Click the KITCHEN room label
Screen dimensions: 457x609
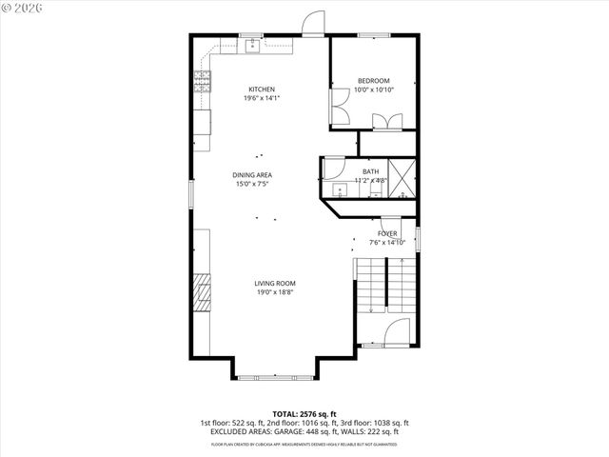(x=262, y=89)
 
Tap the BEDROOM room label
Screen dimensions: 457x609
(x=374, y=81)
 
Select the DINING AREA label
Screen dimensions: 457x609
(x=253, y=175)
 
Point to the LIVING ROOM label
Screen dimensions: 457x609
(x=274, y=283)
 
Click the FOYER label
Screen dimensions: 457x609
(x=387, y=233)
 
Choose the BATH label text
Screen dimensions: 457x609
(x=369, y=171)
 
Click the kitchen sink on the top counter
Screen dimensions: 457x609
(x=252, y=45)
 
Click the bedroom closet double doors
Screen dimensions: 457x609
(x=387, y=121)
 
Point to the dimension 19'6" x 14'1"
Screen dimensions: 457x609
(x=262, y=98)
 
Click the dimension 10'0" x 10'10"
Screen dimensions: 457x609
(x=374, y=90)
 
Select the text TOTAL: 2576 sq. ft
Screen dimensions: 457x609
(x=304, y=414)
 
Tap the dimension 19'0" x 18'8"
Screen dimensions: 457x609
(x=274, y=292)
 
